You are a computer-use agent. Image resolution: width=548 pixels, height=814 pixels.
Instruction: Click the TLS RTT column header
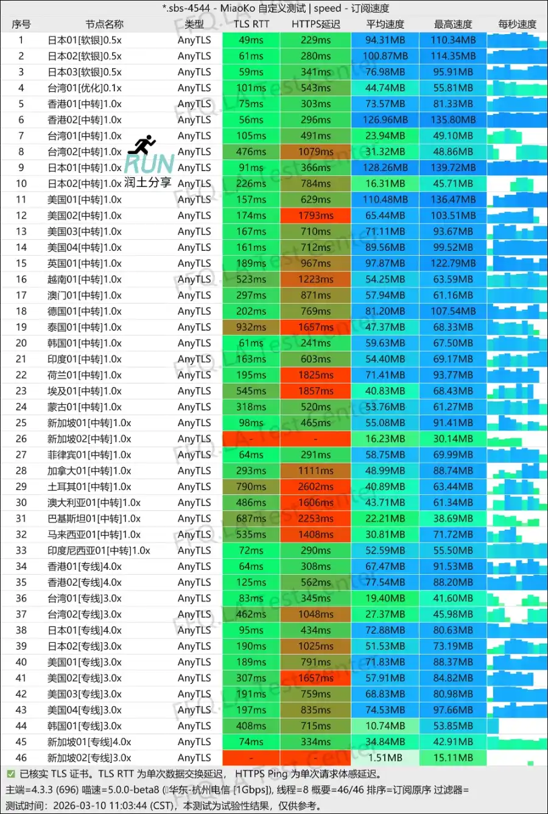[251, 24]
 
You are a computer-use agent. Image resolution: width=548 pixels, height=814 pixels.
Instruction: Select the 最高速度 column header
[453, 24]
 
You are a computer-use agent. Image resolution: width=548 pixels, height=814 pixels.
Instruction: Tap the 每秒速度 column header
[517, 24]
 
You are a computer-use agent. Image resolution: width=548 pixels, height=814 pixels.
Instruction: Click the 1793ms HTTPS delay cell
[315, 216]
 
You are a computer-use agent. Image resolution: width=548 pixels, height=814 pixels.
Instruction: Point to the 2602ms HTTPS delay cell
[315, 486]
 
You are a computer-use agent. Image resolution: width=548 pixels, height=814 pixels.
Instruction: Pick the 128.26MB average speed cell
[385, 167]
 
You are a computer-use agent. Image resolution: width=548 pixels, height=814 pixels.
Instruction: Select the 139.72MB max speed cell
[453, 167]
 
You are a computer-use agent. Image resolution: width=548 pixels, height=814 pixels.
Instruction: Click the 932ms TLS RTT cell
[251, 327]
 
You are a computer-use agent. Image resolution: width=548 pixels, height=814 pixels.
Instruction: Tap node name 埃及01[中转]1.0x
[85, 391]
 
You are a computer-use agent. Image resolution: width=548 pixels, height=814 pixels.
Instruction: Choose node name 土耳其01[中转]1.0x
[90, 486]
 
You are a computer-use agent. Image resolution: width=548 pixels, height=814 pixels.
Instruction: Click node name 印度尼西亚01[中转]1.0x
[99, 550]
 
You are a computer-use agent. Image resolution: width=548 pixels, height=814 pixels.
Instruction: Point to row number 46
[21, 758]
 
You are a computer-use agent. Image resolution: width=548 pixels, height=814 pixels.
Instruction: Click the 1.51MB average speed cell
[385, 758]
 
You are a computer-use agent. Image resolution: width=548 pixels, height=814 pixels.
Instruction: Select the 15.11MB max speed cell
[453, 758]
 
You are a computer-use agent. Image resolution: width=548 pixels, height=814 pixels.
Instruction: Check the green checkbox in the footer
[10, 774]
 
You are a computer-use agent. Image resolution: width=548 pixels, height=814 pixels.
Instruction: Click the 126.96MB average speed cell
[385, 120]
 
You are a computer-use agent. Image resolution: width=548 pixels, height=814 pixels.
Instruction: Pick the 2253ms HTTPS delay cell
[315, 519]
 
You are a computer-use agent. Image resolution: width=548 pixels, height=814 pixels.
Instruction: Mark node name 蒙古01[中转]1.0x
[85, 407]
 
